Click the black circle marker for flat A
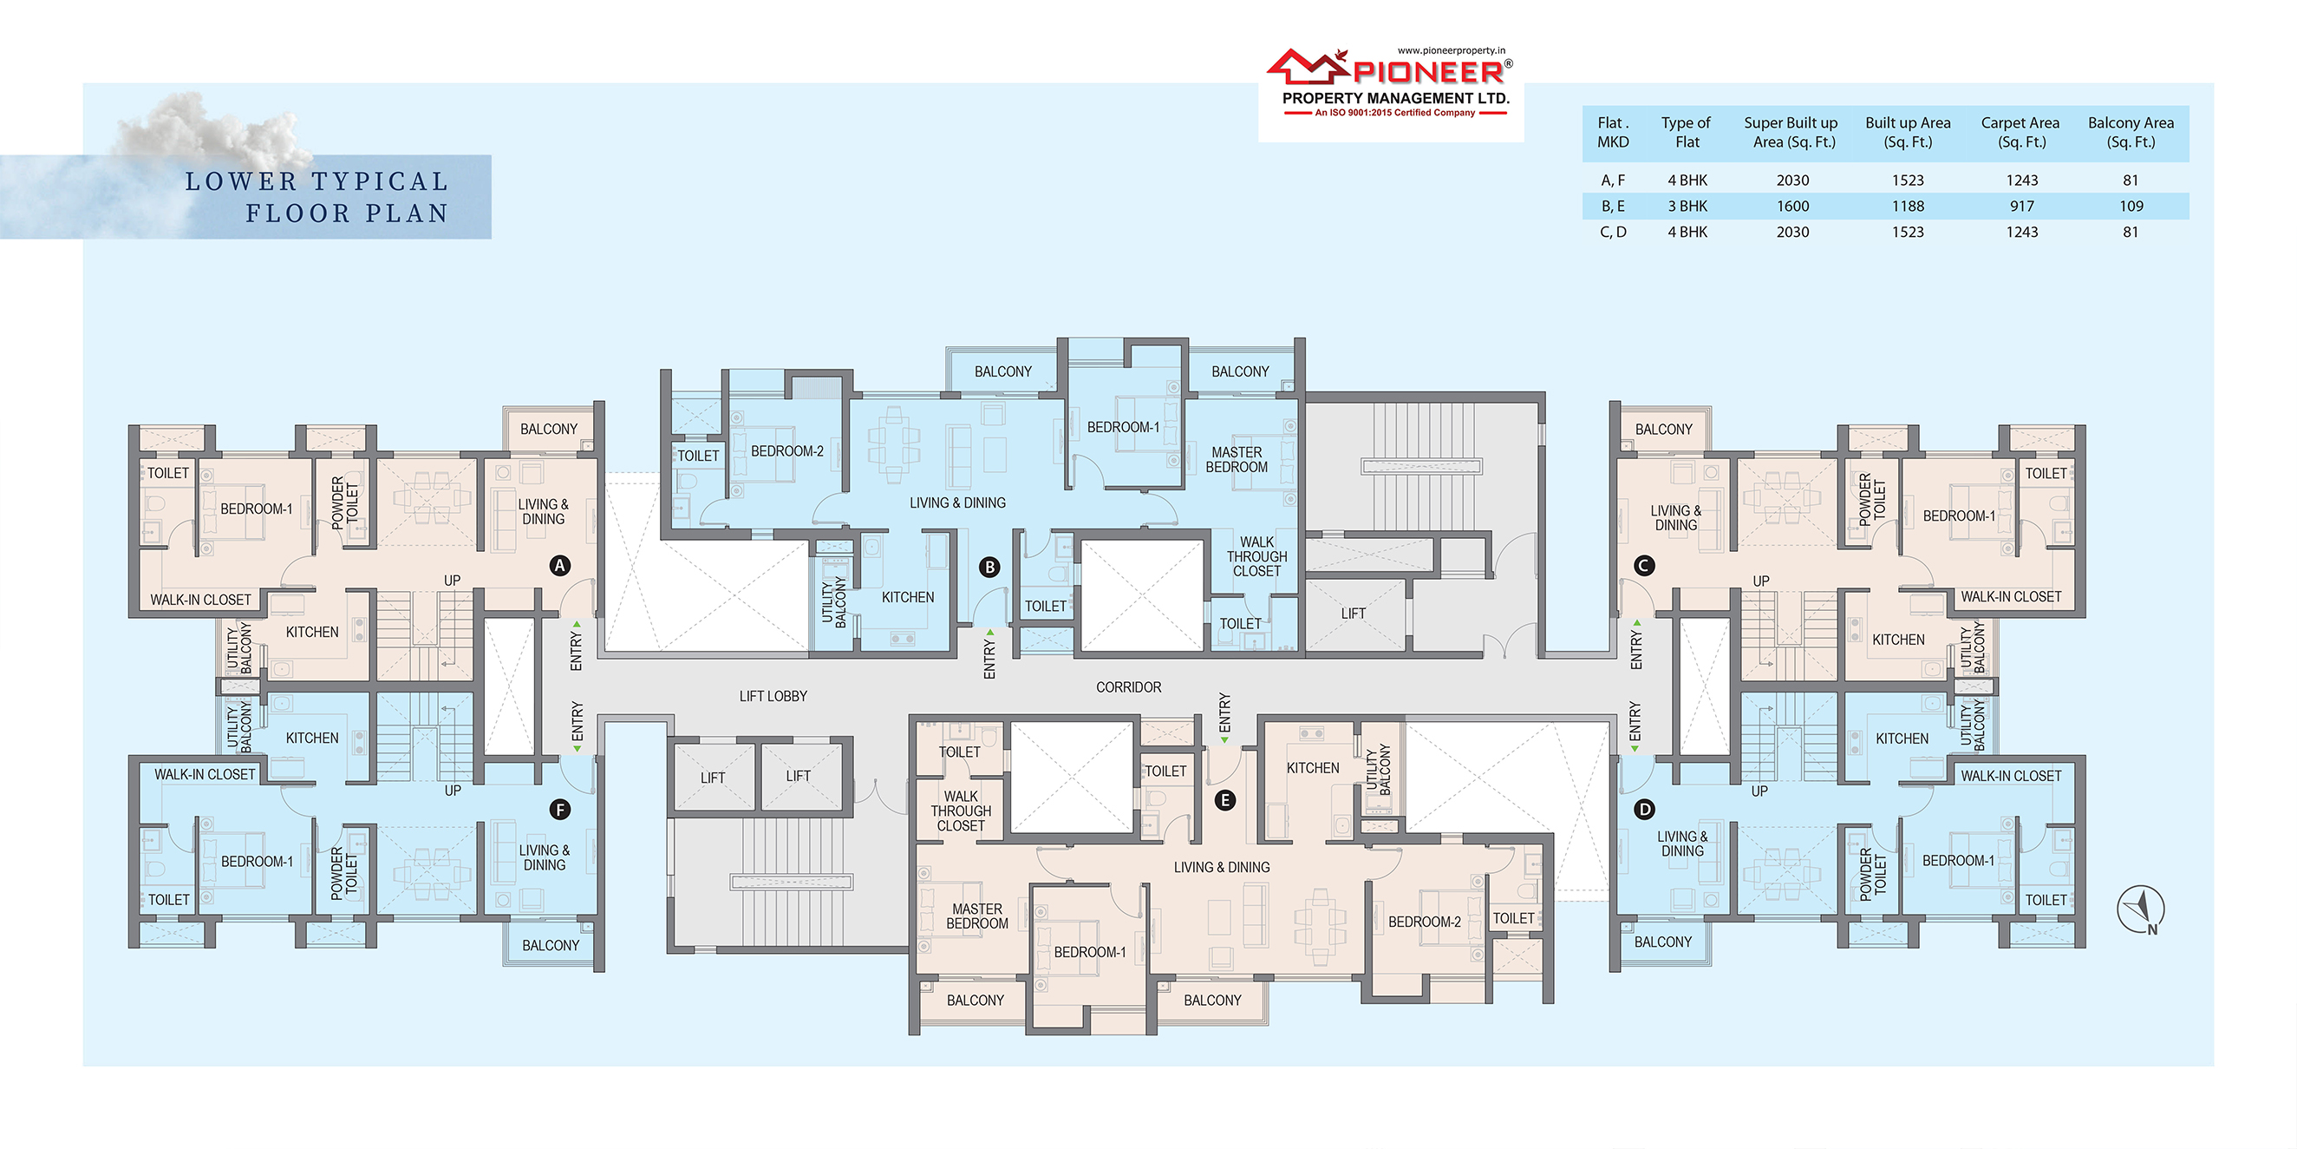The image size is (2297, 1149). coord(560,566)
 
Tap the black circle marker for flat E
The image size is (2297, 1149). coord(1225,800)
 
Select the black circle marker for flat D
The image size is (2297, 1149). coord(1644,809)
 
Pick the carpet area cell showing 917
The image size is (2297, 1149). coord(2021,206)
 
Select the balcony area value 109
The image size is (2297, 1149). coord(2131,206)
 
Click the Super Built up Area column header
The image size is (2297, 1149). coord(1791,132)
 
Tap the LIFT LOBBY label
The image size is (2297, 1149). coord(773,696)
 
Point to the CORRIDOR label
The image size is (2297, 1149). coord(1129,687)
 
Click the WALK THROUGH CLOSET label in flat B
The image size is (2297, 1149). coord(1257,556)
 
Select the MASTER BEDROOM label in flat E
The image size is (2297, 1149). coord(977,916)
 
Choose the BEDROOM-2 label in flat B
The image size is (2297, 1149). coord(787,451)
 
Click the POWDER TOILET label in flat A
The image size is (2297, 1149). coord(345,503)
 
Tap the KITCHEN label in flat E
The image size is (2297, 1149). coord(1313,768)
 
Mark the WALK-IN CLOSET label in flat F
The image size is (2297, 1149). coord(206,774)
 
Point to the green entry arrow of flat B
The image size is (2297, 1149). coord(989,633)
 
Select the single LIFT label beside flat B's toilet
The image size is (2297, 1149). coord(1354,614)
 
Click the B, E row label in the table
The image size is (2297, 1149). coord(1613,206)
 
